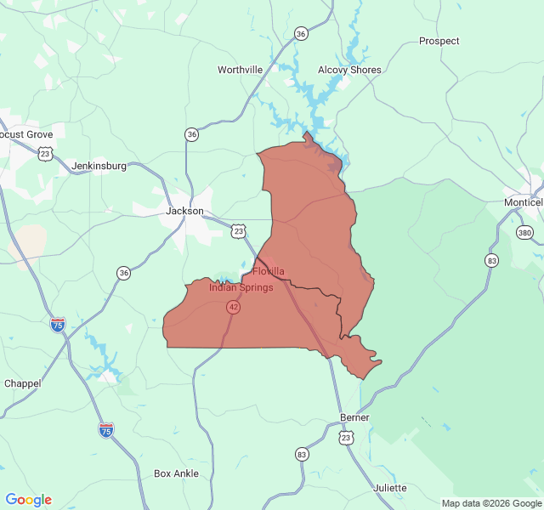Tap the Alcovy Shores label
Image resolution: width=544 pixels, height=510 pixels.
tap(349, 70)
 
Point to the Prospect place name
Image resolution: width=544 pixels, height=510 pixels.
tap(439, 41)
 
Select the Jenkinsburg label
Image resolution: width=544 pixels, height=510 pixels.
tap(99, 166)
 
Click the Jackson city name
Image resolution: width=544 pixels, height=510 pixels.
tap(184, 211)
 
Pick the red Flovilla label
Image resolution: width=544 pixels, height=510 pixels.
tap(269, 271)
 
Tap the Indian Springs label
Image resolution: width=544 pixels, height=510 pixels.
tap(241, 287)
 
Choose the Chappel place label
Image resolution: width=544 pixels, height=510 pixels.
tap(22, 383)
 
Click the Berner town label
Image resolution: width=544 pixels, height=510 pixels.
tap(354, 418)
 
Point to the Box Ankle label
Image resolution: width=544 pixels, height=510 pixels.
tap(176, 473)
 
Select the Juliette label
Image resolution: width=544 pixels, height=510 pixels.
tap(390, 488)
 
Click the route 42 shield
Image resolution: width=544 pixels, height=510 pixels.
tap(233, 307)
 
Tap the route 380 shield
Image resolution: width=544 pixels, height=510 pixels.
tap(524, 232)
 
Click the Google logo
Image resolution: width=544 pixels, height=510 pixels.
tap(29, 500)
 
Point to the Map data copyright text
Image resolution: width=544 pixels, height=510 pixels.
tap(491, 503)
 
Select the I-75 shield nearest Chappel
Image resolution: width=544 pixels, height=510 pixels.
tap(58, 325)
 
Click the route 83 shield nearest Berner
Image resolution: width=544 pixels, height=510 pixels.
tap(302, 455)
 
